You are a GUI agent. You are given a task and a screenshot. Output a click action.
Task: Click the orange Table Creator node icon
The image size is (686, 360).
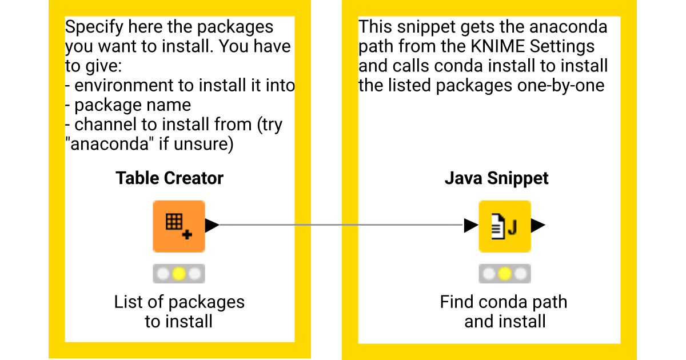pos(178,226)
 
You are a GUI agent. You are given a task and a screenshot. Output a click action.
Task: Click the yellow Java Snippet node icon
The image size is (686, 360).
pos(504,226)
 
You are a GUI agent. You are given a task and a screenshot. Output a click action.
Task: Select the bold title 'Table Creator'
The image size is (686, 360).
pos(169,178)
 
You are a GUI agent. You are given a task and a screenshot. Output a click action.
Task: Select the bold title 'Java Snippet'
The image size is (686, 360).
pos(496,178)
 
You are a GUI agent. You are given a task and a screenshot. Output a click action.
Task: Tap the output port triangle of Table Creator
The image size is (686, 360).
pos(212,225)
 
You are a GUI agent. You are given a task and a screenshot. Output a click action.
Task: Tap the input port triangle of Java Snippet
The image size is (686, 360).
pos(471,226)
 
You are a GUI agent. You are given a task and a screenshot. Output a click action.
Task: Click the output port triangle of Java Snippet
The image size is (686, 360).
pos(537,226)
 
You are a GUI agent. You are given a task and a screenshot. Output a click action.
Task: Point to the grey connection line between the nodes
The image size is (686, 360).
pos(340,225)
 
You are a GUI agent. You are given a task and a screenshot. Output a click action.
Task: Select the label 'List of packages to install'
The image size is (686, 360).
pos(179,311)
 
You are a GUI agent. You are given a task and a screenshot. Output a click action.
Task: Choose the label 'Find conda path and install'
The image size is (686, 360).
pos(504,311)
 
